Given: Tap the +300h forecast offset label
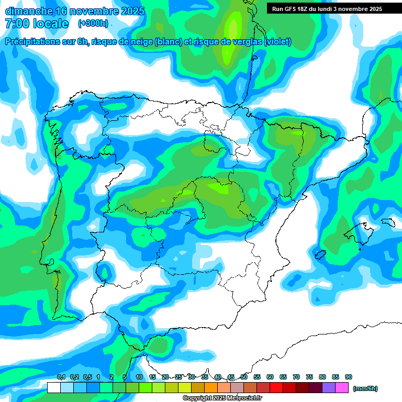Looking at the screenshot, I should tap(93, 23).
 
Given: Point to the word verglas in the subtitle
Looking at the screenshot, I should tap(242, 42).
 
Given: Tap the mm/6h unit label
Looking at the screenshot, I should tap(365, 388).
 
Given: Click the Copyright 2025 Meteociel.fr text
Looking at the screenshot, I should tap(222, 398).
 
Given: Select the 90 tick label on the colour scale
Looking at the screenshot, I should tap(349, 377).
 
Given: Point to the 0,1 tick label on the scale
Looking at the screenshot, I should tap(61, 377).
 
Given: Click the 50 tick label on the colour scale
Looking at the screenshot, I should tap(244, 377).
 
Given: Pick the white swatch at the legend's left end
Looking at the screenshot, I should tap(53, 388).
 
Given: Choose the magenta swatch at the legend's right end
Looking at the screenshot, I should tap(342, 388).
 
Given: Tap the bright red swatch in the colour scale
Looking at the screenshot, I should tap(276, 388).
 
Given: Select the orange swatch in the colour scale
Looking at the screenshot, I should tap(211, 388).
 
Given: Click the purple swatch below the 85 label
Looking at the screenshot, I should tap(329, 388).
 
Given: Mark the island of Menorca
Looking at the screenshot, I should tap(387, 221).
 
